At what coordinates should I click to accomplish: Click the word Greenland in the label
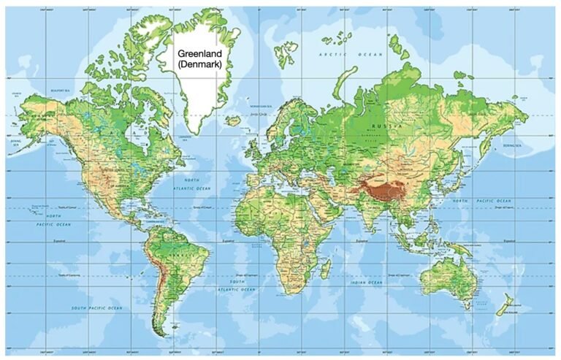click(x=199, y=53)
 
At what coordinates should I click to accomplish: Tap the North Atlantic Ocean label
click(x=192, y=184)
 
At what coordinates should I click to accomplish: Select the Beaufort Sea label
click(x=60, y=91)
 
